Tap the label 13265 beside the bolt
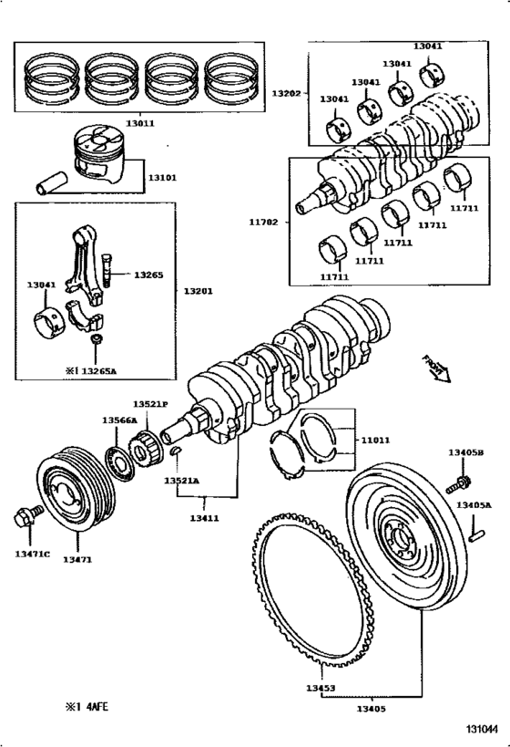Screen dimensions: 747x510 [149, 274]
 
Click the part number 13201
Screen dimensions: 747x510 [198, 291]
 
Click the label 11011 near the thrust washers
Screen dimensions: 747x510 [375, 440]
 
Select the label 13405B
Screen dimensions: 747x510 [465, 451]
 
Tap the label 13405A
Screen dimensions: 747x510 [474, 504]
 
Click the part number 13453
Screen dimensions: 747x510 [319, 689]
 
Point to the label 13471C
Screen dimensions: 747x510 [33, 554]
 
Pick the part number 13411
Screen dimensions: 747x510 [206, 517]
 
